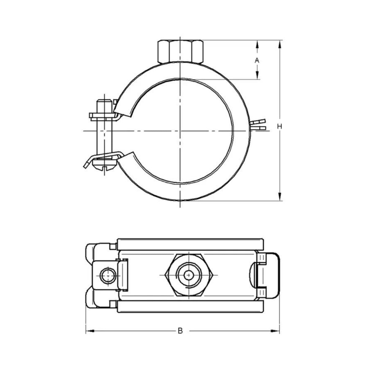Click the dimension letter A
click(257, 60)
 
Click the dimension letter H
click(280, 126)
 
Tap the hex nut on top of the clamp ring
click(180, 51)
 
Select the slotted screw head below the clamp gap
click(104, 164)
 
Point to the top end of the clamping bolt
click(105, 101)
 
